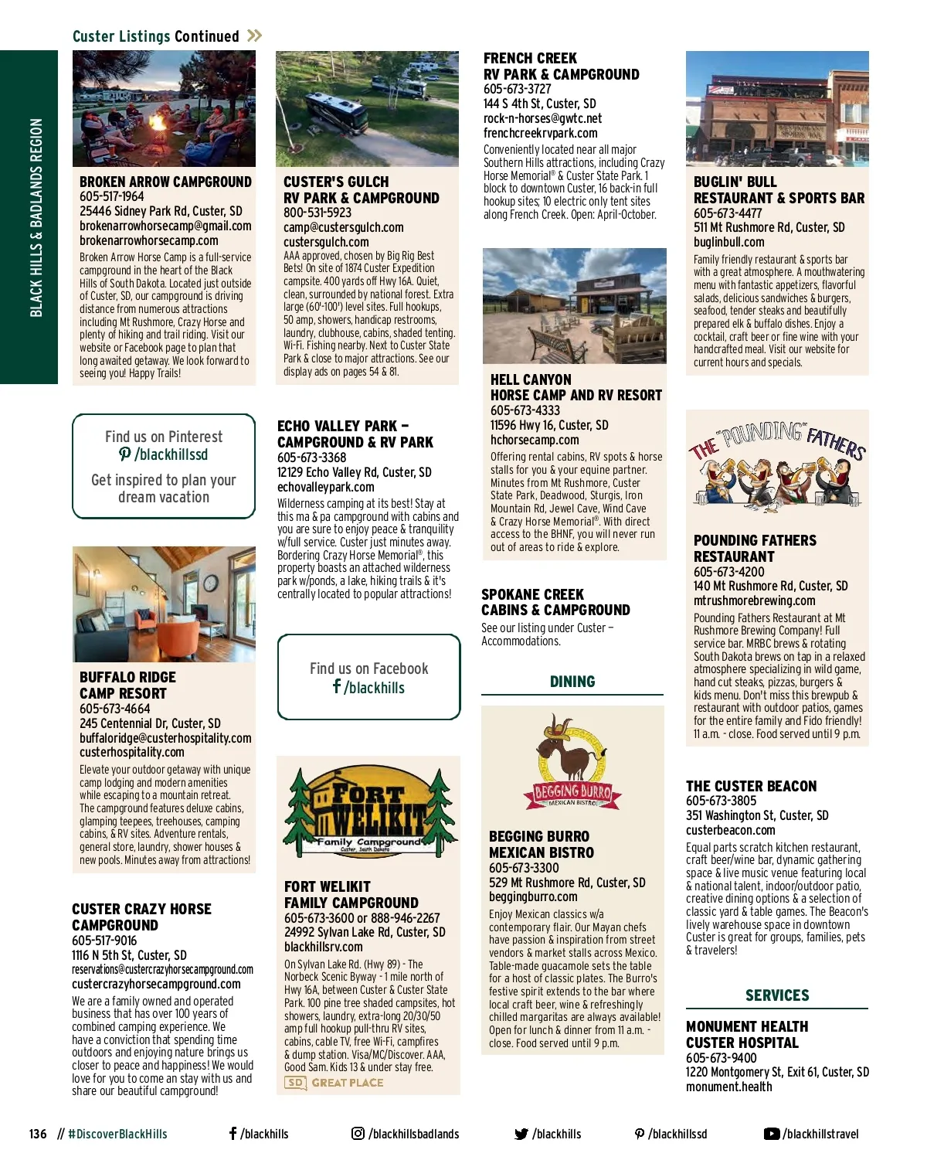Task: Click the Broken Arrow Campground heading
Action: tap(165, 182)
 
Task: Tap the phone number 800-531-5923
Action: tap(317, 213)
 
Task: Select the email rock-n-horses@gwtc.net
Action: tap(542, 118)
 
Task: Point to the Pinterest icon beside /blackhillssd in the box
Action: tap(125, 454)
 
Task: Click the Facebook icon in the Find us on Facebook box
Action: tap(337, 686)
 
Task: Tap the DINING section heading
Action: tap(572, 682)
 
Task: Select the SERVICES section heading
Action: tap(777, 995)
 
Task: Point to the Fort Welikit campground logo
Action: tap(368, 811)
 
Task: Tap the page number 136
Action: tap(38, 1134)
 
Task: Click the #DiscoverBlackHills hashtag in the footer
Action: tap(117, 1134)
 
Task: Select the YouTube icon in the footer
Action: tap(771, 1134)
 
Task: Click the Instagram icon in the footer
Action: tap(358, 1134)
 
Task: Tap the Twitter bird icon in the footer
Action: tap(521, 1134)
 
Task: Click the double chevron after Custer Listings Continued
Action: tap(255, 36)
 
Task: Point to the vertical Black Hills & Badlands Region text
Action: tap(36, 217)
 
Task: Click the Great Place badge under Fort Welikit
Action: tap(334, 1083)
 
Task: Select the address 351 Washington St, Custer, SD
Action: tap(757, 815)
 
